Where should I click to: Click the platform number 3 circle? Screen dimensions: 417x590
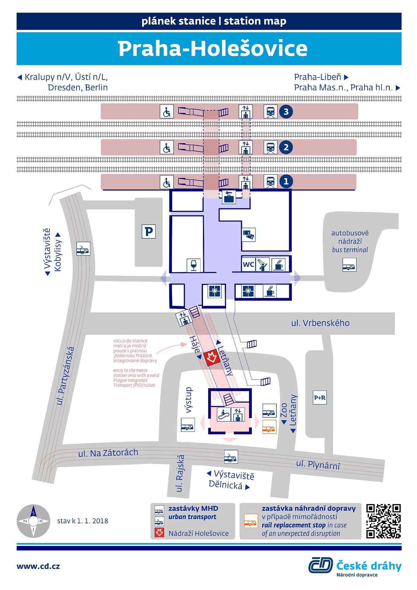tap(286, 112)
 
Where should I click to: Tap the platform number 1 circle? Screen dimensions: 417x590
tap(286, 181)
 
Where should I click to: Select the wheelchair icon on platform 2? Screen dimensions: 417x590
tap(167, 147)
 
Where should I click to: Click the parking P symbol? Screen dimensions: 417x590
tap(149, 231)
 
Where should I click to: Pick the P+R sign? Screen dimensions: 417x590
tap(320, 398)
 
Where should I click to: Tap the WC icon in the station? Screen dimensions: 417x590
tap(248, 264)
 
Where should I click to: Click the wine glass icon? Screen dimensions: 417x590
tap(193, 265)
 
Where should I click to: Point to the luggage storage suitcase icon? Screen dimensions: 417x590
tap(229, 197)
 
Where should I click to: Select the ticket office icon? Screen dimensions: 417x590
tap(248, 235)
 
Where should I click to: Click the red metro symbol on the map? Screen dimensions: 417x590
tap(211, 358)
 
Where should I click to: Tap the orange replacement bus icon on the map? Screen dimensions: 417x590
tap(269, 427)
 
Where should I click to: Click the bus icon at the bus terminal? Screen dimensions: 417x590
tap(349, 265)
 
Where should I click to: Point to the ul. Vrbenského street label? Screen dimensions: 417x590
tap(320, 323)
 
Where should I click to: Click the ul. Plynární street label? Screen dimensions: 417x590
tap(318, 465)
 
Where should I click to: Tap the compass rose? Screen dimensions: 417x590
tap(33, 521)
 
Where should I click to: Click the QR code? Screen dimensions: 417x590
tap(384, 521)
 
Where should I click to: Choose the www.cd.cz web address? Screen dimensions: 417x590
tap(38, 566)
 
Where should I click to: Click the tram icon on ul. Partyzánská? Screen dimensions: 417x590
tap(83, 249)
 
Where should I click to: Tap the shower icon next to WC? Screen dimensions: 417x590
tap(263, 264)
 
